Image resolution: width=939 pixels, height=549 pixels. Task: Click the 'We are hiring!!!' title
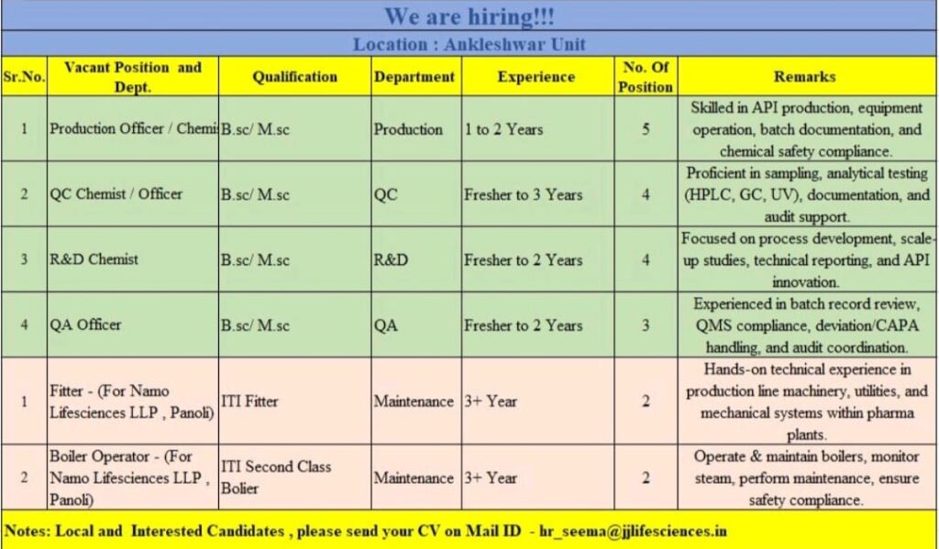pyautogui.click(x=469, y=16)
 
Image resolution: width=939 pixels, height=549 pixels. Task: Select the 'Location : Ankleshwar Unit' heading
pyautogui.click(x=469, y=44)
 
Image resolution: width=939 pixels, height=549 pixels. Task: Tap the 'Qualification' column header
pyautogui.click(x=295, y=77)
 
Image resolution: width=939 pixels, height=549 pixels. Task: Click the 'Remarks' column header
pyautogui.click(x=804, y=77)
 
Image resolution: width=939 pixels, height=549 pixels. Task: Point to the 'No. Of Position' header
pyautogui.click(x=646, y=77)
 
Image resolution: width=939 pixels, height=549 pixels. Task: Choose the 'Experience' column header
pyautogui.click(x=536, y=77)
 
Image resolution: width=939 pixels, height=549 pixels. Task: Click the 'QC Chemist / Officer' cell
pyautogui.click(x=116, y=194)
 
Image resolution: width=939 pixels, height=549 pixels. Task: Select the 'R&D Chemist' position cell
pyautogui.click(x=94, y=259)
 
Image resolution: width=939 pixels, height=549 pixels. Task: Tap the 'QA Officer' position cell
pyautogui.click(x=85, y=324)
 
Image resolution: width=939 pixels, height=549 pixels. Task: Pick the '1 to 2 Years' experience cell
pyautogui.click(x=503, y=129)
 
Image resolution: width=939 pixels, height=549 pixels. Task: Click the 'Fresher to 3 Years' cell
pyautogui.click(x=523, y=194)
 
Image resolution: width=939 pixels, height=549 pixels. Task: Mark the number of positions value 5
pyautogui.click(x=646, y=129)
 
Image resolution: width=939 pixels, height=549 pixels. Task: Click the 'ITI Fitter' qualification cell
pyautogui.click(x=249, y=401)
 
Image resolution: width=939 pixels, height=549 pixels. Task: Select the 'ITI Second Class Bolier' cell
pyautogui.click(x=276, y=478)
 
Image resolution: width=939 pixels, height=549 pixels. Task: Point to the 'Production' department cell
pyautogui.click(x=408, y=129)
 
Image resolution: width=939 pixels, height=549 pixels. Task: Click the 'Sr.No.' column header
pyautogui.click(x=24, y=77)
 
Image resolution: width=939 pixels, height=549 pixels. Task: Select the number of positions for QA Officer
pyautogui.click(x=646, y=324)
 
